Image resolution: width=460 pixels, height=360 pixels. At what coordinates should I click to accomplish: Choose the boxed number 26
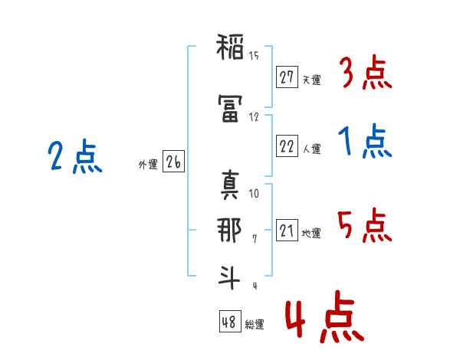point(173,162)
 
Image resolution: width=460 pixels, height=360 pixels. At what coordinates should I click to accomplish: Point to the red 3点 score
point(365,74)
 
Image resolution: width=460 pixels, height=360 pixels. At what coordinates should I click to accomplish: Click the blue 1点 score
point(365,142)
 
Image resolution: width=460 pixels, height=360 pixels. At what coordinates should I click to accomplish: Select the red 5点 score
point(365,226)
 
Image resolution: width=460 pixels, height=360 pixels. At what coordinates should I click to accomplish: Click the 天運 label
point(311,80)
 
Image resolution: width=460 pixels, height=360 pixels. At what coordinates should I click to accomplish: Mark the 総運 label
point(255,325)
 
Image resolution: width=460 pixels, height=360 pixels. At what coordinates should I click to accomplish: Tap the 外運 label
point(148,164)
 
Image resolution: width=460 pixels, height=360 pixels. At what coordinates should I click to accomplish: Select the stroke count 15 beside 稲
point(254,56)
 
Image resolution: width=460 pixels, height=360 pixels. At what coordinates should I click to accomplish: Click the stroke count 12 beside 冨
point(254,116)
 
